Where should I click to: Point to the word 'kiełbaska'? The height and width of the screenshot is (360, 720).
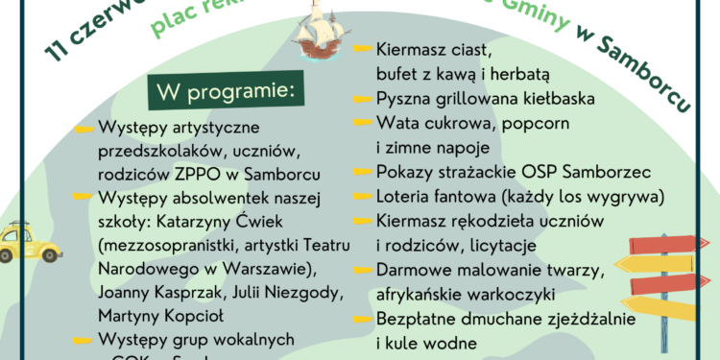[x=556, y=98]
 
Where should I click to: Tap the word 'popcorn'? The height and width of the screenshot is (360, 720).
[x=536, y=123]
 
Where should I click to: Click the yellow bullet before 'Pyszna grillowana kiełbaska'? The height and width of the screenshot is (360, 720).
[x=362, y=99]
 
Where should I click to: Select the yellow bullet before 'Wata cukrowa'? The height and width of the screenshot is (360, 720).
[x=362, y=124]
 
